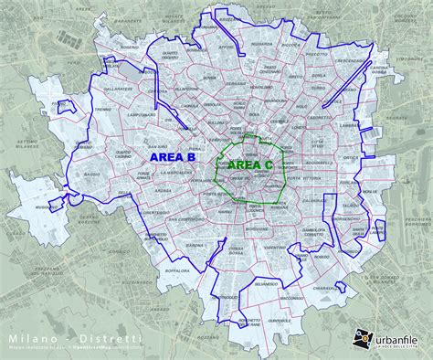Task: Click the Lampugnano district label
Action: tap(143, 114)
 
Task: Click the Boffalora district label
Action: tap(175, 270)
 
